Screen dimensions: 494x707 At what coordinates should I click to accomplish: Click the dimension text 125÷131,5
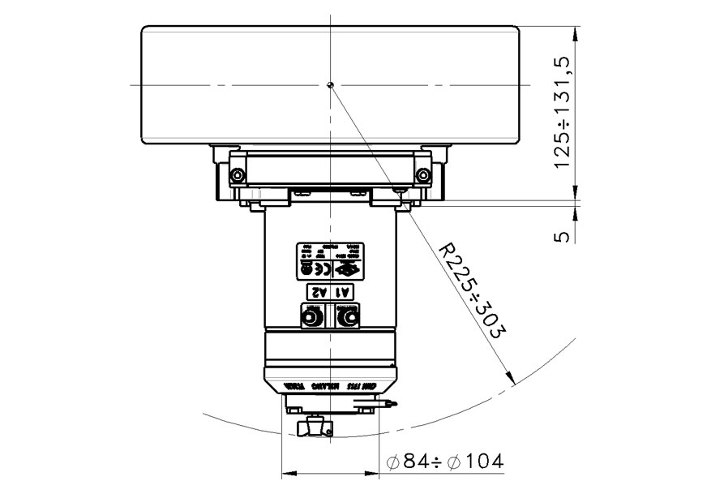pos(563,111)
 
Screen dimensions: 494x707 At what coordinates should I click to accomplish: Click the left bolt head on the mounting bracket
pos(236,175)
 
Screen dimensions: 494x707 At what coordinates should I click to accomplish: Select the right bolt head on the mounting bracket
pos(422,175)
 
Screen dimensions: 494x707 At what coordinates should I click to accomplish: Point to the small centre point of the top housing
pos(330,84)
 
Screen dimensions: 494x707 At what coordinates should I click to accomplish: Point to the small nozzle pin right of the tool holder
pos(392,403)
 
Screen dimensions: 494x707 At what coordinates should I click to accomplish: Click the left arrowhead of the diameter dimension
pos(285,471)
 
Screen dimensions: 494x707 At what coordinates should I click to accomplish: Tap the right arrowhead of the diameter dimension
pos(375,471)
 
